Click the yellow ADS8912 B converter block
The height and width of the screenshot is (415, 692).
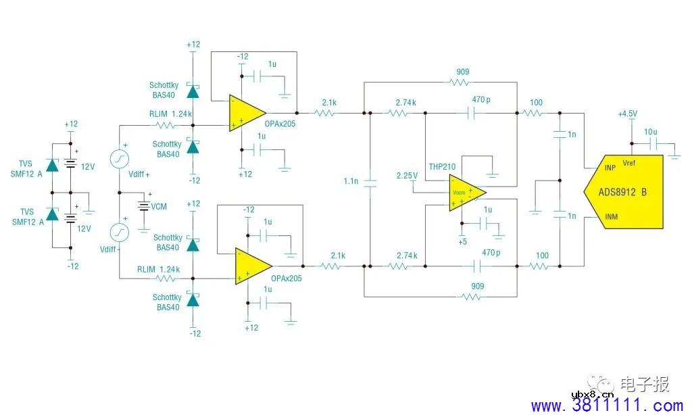[624, 191]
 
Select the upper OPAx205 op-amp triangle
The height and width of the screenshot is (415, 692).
[243, 112]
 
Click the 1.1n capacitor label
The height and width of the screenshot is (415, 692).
[351, 182]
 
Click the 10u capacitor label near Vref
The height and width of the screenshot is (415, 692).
[651, 131]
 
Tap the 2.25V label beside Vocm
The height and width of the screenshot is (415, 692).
[407, 176]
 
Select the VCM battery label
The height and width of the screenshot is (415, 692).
[159, 205]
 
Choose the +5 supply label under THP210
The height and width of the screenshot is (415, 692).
[462, 241]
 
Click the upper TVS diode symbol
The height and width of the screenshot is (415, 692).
[51, 164]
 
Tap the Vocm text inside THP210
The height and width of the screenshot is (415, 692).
[459, 193]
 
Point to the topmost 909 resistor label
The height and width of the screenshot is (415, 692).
[462, 72]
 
